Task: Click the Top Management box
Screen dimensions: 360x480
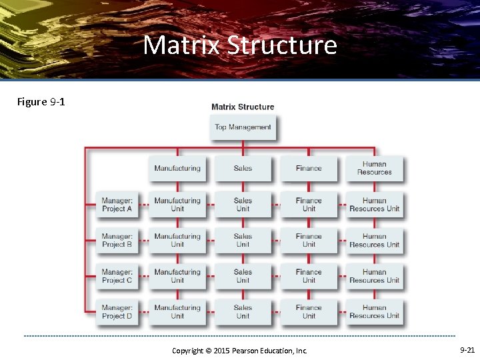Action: coord(243,127)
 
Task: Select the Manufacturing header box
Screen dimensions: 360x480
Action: coord(177,168)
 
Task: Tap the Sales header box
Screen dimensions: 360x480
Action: coord(243,168)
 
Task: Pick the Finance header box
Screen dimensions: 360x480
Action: coord(309,168)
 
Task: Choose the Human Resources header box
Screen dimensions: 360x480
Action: coord(374,168)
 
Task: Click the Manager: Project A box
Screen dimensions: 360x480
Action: coord(117,204)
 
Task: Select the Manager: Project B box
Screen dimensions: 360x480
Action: coord(117,240)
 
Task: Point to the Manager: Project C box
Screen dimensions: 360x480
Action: coord(117,276)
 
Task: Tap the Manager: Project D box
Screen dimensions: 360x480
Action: coord(117,312)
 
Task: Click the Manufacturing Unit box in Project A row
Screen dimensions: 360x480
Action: coord(177,204)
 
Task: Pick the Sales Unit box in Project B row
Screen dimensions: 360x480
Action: coord(243,240)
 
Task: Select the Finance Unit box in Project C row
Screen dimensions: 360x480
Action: coord(309,276)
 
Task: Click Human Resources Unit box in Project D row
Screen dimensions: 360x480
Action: coord(374,312)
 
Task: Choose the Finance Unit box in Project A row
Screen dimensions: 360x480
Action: coord(309,204)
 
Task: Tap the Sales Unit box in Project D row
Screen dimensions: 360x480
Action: coord(243,312)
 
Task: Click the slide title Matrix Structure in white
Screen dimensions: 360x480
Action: coord(240,45)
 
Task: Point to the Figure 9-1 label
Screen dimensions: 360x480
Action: coord(41,102)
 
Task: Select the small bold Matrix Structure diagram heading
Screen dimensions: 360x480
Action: coord(243,107)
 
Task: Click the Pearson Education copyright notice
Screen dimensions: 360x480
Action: coord(239,350)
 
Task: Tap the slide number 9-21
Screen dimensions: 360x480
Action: coord(467,349)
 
